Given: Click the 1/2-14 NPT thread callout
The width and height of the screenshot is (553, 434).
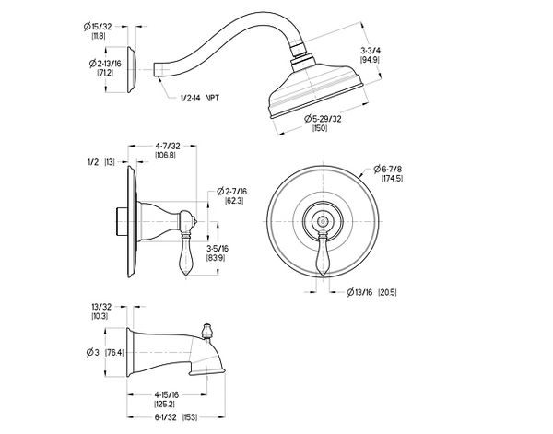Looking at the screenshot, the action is pyautogui.click(x=200, y=98).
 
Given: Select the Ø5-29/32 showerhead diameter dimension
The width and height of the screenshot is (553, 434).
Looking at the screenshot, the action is pyautogui.click(x=323, y=119).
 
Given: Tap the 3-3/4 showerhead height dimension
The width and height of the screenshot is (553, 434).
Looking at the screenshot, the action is pyautogui.click(x=371, y=50).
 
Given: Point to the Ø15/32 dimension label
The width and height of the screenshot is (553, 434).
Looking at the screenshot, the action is pyautogui.click(x=98, y=27).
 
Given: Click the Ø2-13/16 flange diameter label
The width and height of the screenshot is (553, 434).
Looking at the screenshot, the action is pyautogui.click(x=105, y=64).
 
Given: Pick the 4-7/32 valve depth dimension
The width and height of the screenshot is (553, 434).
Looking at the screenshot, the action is pyautogui.click(x=167, y=146).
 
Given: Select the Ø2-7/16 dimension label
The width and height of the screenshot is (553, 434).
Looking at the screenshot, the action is pyautogui.click(x=231, y=192).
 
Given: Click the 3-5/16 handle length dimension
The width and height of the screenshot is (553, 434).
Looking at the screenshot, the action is pyautogui.click(x=218, y=249).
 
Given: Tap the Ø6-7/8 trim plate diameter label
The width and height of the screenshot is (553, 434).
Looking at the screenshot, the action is pyautogui.click(x=388, y=169).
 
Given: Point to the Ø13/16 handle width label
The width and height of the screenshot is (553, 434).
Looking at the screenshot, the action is pyautogui.click(x=359, y=292).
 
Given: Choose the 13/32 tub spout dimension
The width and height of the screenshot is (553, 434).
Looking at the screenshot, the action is pyautogui.click(x=100, y=307).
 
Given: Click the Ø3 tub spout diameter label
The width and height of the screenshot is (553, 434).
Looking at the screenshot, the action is pyautogui.click(x=93, y=352).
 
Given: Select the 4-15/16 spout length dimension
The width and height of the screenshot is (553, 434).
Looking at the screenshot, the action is pyautogui.click(x=166, y=395).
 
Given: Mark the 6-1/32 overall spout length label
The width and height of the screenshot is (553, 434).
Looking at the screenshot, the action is pyautogui.click(x=165, y=417).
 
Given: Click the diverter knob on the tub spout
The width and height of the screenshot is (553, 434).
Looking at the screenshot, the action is pyautogui.click(x=206, y=331).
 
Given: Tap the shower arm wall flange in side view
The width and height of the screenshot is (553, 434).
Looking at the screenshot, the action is pyautogui.click(x=131, y=69).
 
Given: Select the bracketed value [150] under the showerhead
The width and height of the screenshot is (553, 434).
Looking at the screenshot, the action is pyautogui.click(x=320, y=128).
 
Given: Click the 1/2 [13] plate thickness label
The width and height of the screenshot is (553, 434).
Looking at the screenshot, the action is pyautogui.click(x=101, y=162).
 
